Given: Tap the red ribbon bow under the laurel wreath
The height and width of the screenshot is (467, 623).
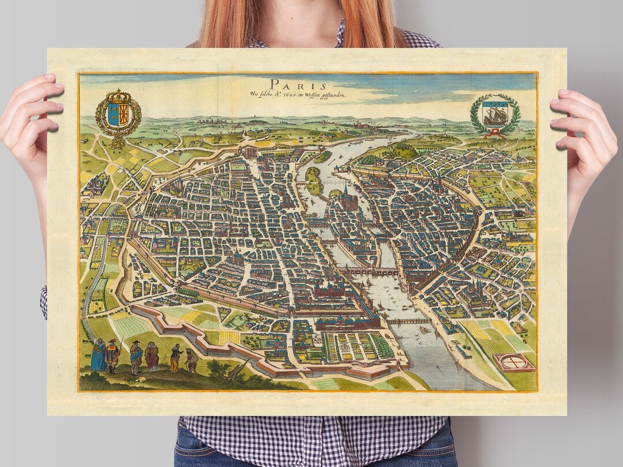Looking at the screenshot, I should pos(494,134).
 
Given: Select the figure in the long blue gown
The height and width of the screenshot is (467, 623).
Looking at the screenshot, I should pos(99,354).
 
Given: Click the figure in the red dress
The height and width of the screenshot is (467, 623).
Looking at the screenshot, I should pos(152,357).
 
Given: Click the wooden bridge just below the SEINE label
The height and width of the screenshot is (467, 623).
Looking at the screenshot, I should pos(408,321).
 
